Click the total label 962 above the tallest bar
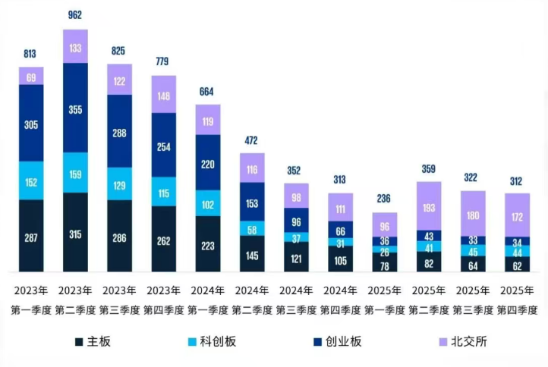click(x=75, y=15)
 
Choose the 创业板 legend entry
click(x=338, y=341)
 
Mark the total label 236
click(x=384, y=199)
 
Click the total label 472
click(x=253, y=140)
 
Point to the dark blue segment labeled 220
click(x=208, y=162)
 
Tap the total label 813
click(x=31, y=54)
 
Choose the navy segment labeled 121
click(x=297, y=257)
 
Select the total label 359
click(x=428, y=168)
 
